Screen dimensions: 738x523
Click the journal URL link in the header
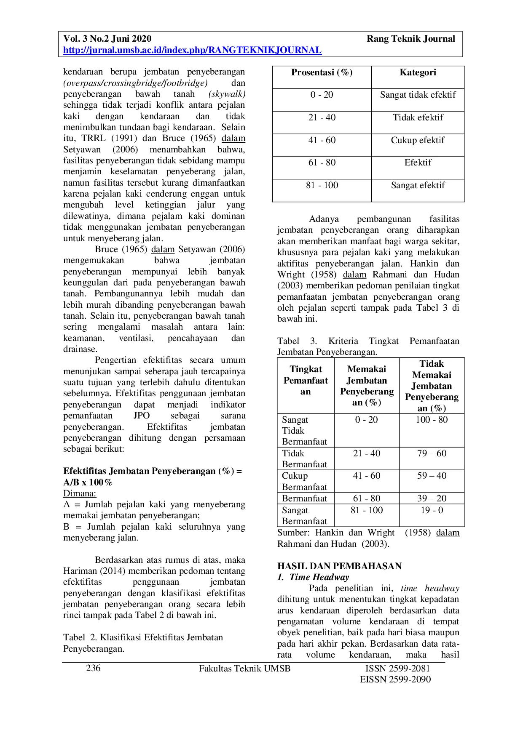click(x=192, y=51)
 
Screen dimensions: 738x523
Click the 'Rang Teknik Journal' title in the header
click(x=410, y=39)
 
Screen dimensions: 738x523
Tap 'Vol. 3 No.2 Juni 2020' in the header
click(x=107, y=39)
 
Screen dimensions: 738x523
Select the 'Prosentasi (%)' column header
click(x=322, y=72)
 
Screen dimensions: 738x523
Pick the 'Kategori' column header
click(x=418, y=72)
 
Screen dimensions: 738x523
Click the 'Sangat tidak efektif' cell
click(x=418, y=95)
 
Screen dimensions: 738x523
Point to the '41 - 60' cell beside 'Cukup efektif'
click(x=322, y=140)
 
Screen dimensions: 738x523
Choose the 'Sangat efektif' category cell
click(x=418, y=185)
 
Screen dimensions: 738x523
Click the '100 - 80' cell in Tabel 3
click(x=432, y=420)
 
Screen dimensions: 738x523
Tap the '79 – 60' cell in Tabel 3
click(x=432, y=453)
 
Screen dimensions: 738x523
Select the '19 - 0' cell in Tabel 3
click(x=432, y=510)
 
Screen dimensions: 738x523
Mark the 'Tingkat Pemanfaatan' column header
click(x=306, y=381)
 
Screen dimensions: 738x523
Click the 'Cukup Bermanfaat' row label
click(x=304, y=481)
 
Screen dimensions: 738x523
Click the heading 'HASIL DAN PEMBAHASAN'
click(x=339, y=566)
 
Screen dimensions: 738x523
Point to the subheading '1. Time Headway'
click(x=313, y=577)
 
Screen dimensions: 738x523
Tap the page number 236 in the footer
click(x=93, y=668)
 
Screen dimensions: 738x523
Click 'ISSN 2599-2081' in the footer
click(x=397, y=669)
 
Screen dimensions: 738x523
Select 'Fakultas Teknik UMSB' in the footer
click(x=244, y=669)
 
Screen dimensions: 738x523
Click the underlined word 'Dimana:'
click(x=80, y=493)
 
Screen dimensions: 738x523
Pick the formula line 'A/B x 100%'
click(x=88, y=482)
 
